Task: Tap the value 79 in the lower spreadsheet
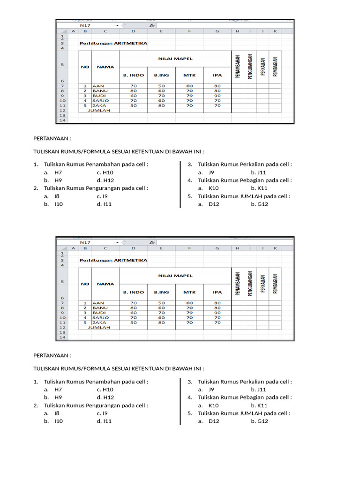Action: (189, 313)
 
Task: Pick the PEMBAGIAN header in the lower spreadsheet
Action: (275, 284)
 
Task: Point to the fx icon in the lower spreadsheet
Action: (151, 242)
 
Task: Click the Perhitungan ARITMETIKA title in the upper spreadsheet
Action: (113, 43)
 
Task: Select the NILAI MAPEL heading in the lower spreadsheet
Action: (175, 276)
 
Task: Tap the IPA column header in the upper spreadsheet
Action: (217, 75)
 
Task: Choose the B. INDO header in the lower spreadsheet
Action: (133, 292)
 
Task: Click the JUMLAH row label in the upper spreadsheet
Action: (101, 110)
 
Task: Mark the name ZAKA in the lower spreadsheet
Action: (99, 322)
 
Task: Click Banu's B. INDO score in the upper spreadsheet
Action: (134, 91)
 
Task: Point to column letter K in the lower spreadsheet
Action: (275, 248)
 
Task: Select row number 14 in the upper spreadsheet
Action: (62, 120)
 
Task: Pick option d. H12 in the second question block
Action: (105, 397)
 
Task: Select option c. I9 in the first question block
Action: (103, 196)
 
